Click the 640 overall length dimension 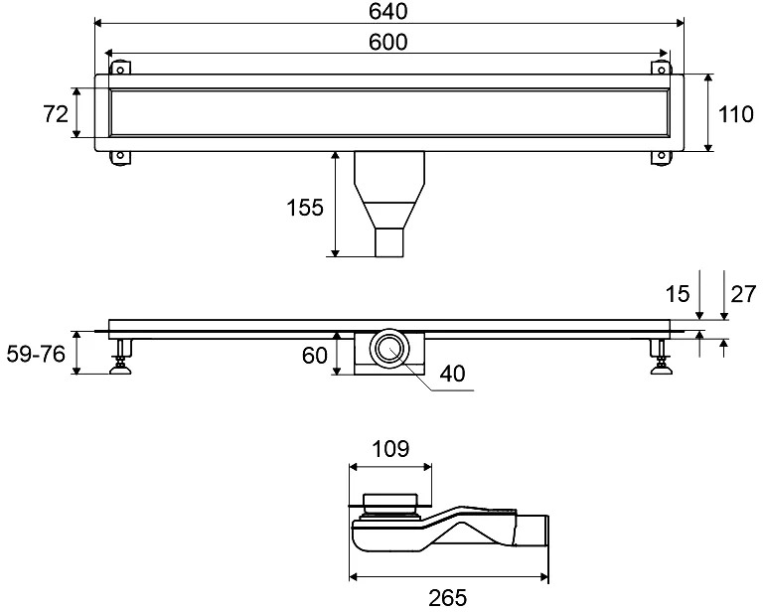[387, 12]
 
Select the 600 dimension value [387, 42]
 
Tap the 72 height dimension [56, 114]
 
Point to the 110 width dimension [736, 114]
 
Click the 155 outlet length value [305, 208]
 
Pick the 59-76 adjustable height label [36, 354]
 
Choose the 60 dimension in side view [314, 355]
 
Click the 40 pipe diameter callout [453, 374]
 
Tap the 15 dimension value [678, 293]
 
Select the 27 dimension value [743, 293]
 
